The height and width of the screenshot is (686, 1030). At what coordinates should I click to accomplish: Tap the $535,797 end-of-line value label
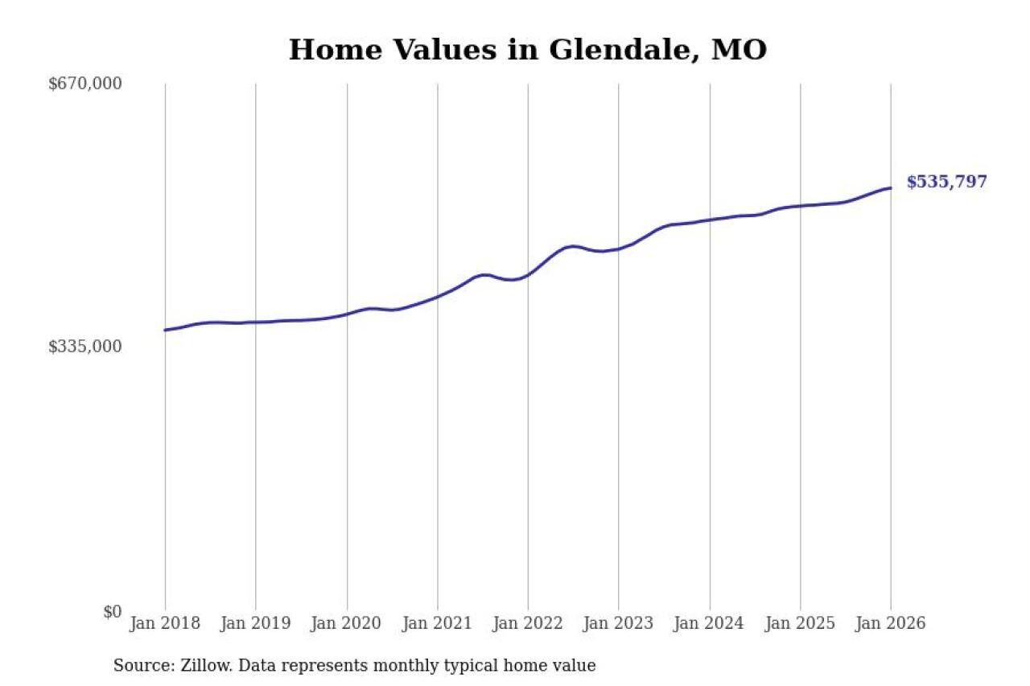(946, 182)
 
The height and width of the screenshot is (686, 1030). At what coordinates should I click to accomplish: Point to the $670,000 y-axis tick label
(85, 84)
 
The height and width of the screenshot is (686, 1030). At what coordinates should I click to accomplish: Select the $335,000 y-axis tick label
(85, 347)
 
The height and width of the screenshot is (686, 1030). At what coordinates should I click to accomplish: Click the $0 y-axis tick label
(112, 611)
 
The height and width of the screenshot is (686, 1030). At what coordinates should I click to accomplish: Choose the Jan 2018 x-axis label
(165, 624)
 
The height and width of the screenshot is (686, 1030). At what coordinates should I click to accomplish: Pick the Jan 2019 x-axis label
(256, 624)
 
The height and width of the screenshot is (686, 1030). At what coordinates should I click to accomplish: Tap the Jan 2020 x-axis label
(347, 624)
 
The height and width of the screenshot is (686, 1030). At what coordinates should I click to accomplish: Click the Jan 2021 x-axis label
(437, 624)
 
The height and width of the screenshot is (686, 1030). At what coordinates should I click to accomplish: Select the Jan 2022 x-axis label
(528, 624)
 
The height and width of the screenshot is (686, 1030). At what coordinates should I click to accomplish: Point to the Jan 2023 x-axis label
(619, 624)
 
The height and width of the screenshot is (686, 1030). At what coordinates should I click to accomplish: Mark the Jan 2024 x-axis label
(710, 624)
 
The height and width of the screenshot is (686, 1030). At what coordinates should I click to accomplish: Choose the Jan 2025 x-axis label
(800, 624)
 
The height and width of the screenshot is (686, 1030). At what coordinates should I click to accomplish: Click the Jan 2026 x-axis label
(891, 624)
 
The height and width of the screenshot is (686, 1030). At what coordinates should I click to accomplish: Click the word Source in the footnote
(138, 666)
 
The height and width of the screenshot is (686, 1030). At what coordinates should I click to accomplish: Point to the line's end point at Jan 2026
(891, 188)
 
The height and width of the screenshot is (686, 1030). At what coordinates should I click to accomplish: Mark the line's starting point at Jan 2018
(165, 330)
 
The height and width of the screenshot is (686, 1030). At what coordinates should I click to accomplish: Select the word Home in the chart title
(323, 50)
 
